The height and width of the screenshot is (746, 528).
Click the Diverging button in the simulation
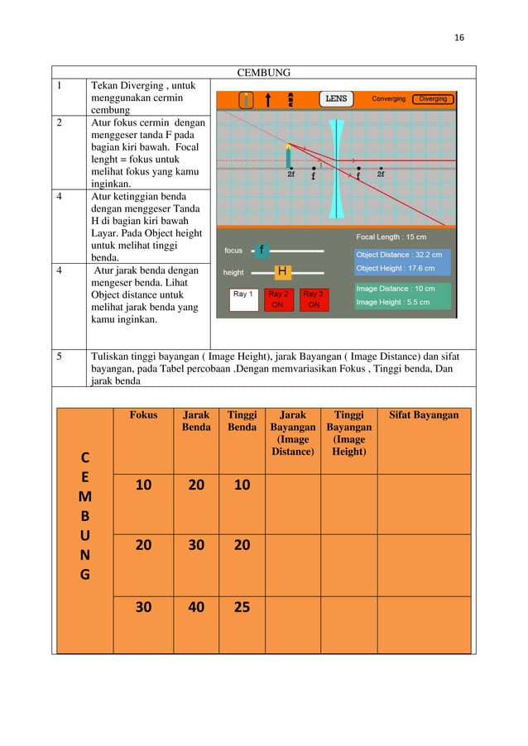click(x=432, y=99)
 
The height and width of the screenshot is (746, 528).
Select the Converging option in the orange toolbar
click(x=388, y=99)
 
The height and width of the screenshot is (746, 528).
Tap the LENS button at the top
click(x=336, y=99)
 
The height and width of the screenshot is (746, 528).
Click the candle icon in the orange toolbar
click(x=246, y=100)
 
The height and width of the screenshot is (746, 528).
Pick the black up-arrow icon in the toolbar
click(x=268, y=100)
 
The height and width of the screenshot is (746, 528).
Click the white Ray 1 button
click(x=244, y=299)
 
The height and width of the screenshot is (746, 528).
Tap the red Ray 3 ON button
click(x=313, y=299)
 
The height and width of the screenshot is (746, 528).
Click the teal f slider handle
click(x=262, y=250)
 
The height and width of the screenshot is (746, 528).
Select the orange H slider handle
click(x=282, y=271)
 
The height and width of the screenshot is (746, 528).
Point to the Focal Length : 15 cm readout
click(x=391, y=237)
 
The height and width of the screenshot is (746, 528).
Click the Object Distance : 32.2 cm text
click(x=399, y=255)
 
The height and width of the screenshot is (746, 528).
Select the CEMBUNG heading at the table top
click(x=264, y=73)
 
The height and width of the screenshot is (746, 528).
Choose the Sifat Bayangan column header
click(x=424, y=414)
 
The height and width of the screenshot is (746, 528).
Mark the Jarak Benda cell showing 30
click(x=196, y=547)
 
